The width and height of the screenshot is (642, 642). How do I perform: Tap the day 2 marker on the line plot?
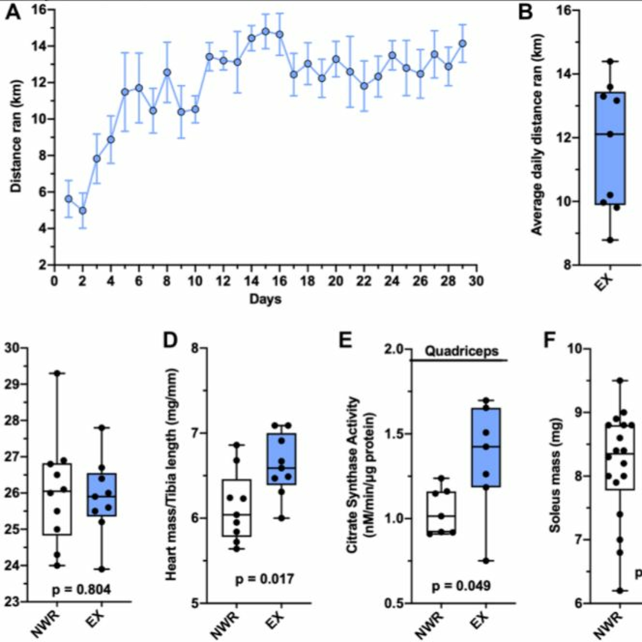click(83, 211)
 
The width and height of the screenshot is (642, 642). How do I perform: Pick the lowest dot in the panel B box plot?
click(610, 240)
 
